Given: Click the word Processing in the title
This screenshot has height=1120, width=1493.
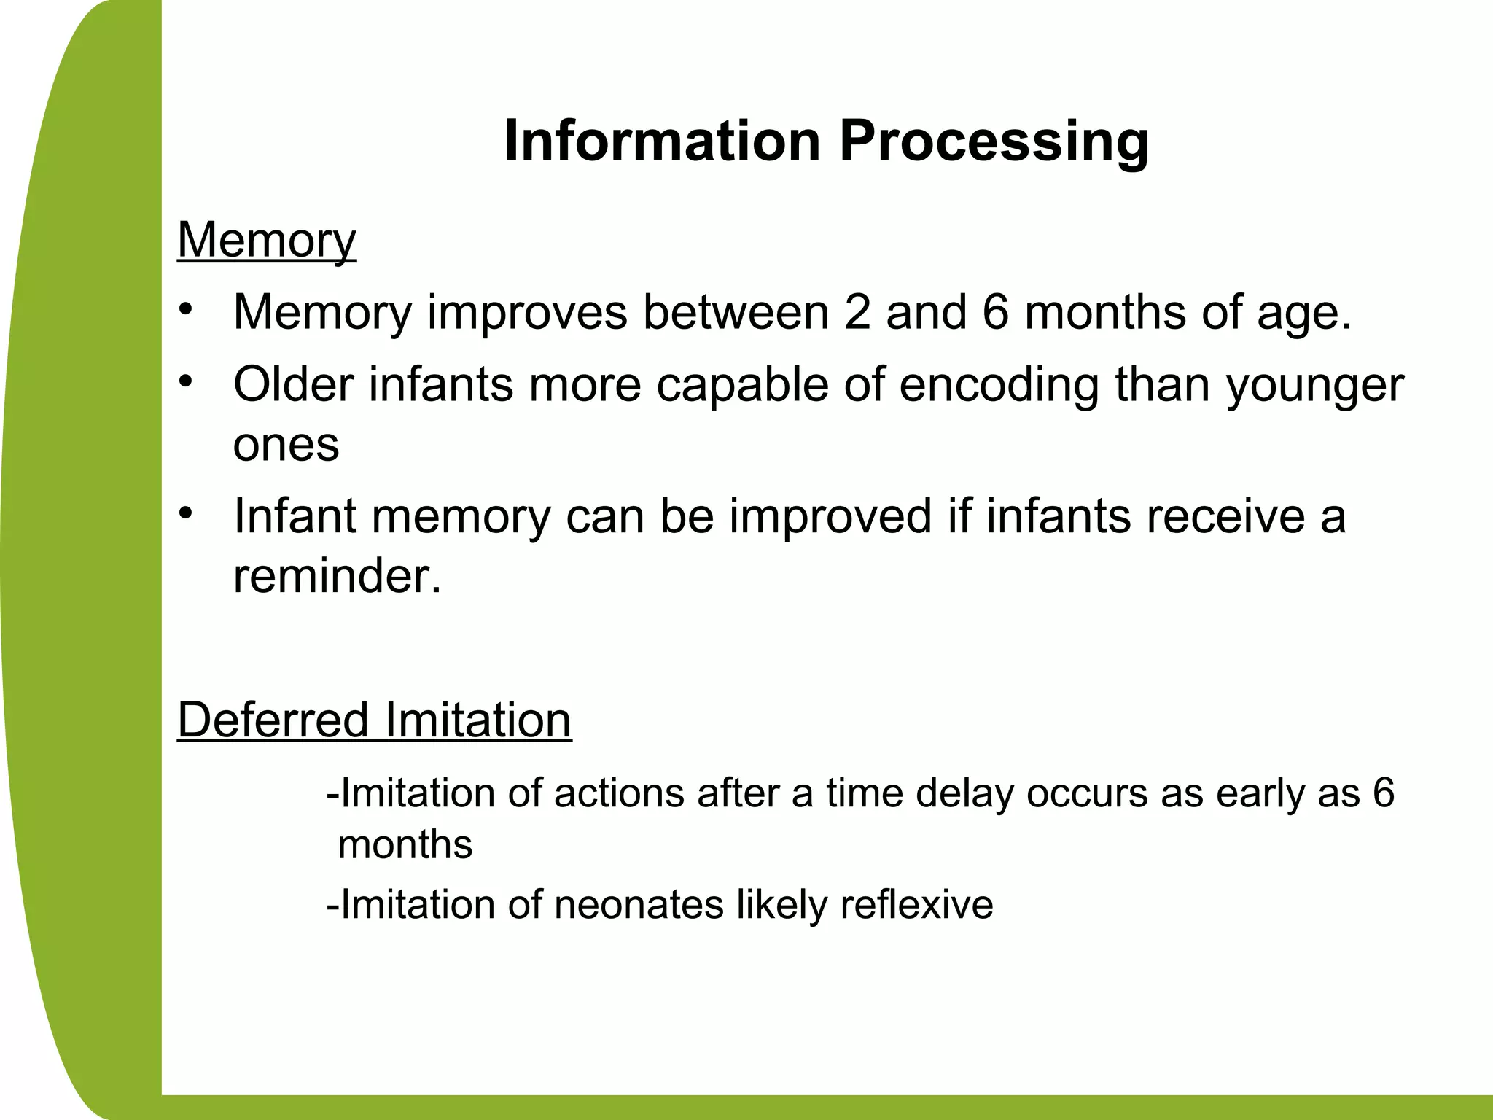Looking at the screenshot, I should pos(994,141).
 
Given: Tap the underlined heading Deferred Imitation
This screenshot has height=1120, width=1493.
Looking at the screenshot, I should pos(374,720).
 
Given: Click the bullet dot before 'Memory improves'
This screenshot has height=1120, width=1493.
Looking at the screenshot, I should pos(187,309).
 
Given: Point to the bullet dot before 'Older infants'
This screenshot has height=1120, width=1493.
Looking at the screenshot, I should pos(187,381).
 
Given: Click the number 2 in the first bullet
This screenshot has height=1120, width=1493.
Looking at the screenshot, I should pos(857,312).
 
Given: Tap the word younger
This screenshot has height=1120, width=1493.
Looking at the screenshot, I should pos(1314,386).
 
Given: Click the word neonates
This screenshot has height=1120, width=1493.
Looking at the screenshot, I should pos(639,904).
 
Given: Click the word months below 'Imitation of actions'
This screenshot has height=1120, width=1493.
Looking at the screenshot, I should pos(405,845).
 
